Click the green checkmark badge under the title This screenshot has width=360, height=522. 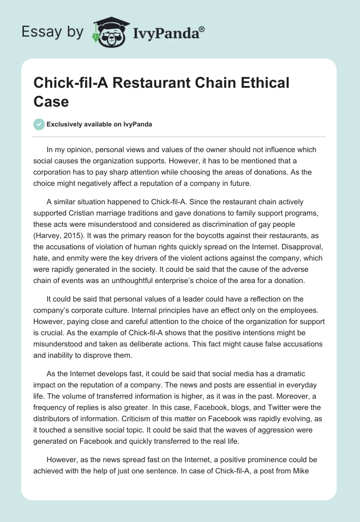[x=39, y=124]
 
